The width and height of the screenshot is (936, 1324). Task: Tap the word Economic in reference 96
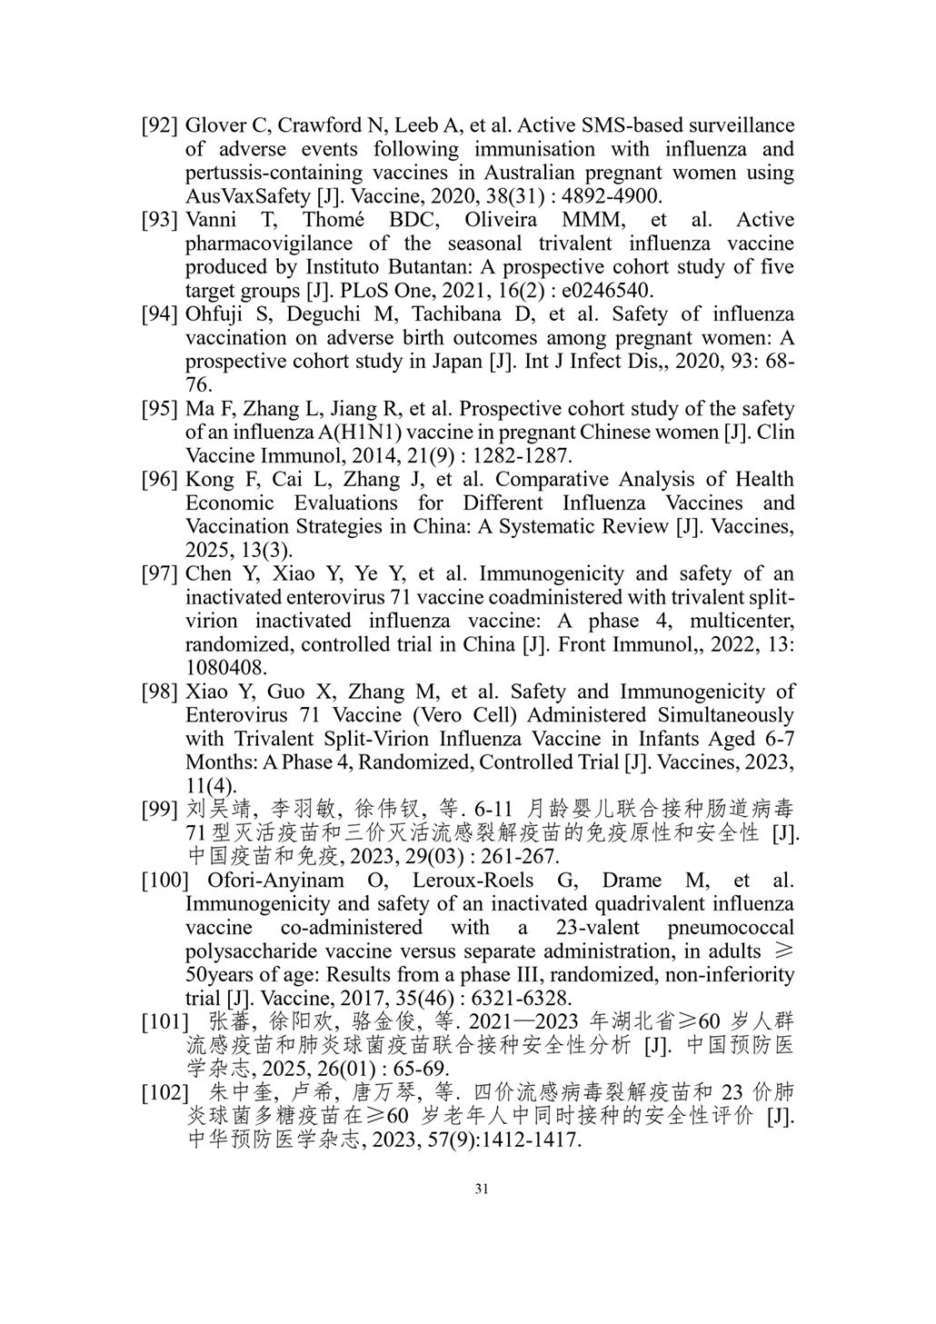point(230,503)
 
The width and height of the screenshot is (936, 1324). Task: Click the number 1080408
point(225,669)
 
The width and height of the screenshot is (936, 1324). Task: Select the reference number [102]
point(164,1092)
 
